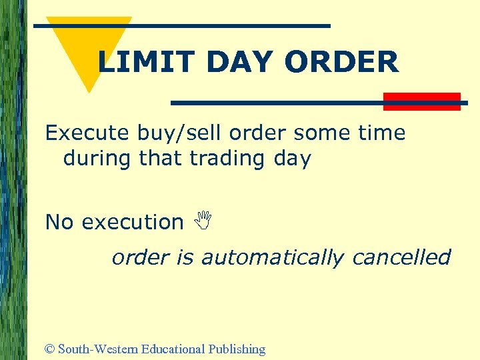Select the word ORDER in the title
342,63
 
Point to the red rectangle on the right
422,101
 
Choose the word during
98,159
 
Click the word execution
133,222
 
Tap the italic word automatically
272,257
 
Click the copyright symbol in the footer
50,349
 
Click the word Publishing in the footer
237,349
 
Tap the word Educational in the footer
173,349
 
